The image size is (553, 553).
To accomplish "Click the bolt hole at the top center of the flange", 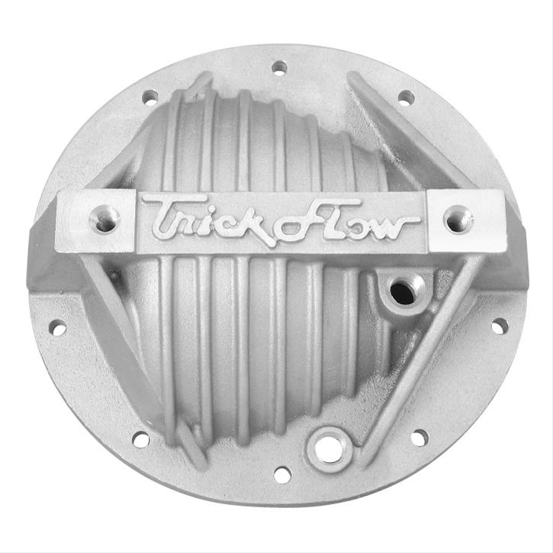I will pos(279,67).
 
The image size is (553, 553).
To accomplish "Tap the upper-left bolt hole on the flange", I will pos(150,97).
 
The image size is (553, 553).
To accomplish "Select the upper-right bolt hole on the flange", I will pos(407,98).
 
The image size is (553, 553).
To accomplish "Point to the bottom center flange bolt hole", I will pos(282,474).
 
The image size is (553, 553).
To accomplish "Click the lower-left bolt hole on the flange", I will pos(140,439).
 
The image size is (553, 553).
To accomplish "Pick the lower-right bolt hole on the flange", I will pos(420,437).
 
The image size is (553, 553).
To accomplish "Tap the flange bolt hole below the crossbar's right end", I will pos(500,326).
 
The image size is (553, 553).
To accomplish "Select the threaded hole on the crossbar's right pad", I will pos(458,219).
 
